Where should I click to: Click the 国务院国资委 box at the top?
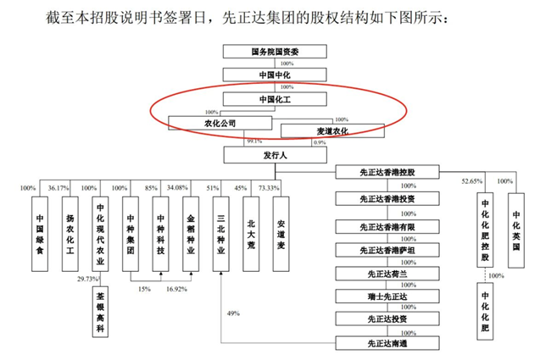pos(275,51)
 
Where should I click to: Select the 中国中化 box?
pos(275,75)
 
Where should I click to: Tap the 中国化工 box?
pos(275,100)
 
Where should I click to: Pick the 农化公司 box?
pos(220,123)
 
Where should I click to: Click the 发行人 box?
pos(274,155)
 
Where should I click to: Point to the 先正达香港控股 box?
pos(388,173)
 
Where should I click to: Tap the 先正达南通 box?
pos(388,343)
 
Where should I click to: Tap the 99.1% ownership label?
pos(254,141)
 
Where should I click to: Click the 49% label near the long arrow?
pos(234,314)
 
